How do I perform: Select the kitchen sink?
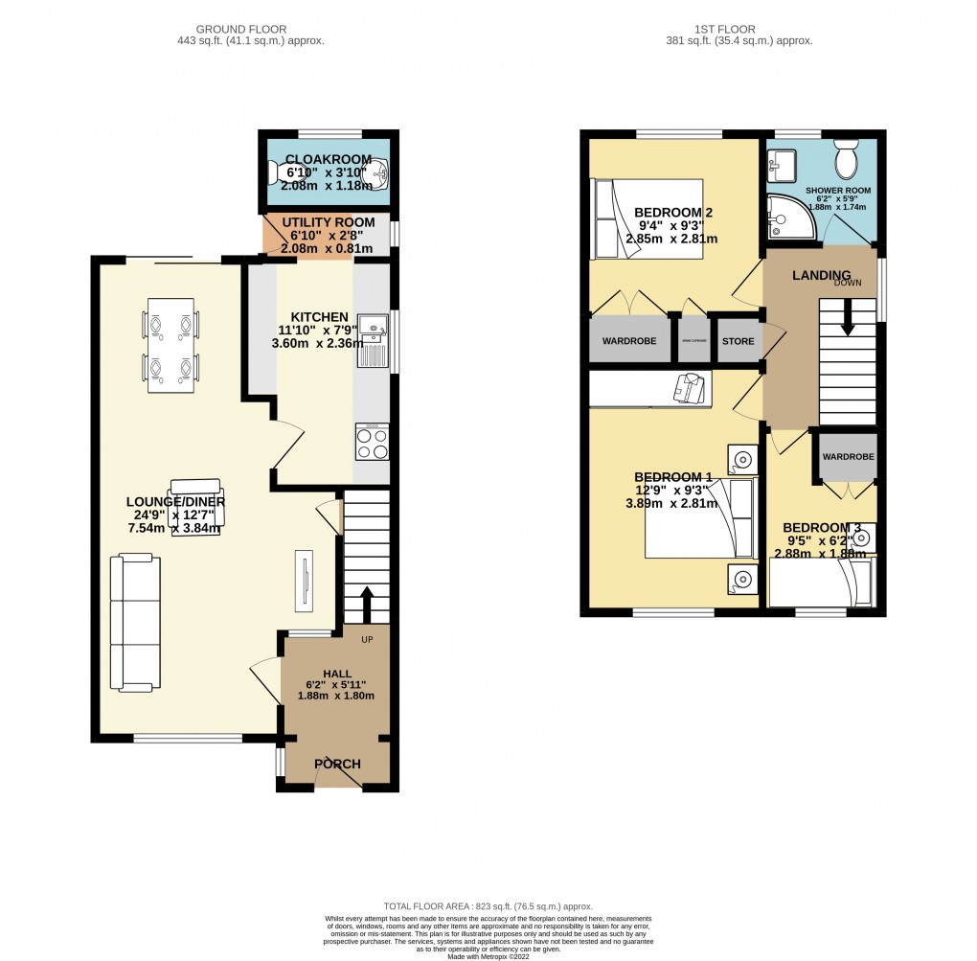pos(371,340)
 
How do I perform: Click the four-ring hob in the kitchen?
pos(372,442)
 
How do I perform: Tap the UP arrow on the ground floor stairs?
pos(366,604)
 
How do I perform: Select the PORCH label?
pos(337,764)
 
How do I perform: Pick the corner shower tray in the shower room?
pos(790,217)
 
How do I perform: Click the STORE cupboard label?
pos(738,341)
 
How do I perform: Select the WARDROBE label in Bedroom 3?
pos(848,457)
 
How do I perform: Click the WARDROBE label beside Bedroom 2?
pos(628,341)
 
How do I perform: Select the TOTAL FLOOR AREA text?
pos(488,905)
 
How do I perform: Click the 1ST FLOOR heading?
pos(738,28)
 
